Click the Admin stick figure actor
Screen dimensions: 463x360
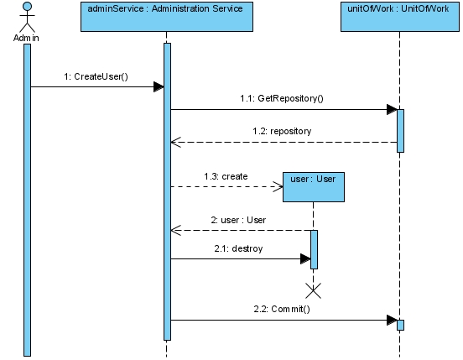pos(27,17)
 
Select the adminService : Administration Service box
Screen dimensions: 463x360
pos(167,17)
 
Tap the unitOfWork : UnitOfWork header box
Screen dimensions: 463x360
pos(400,17)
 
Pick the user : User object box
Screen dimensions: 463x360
pos(314,187)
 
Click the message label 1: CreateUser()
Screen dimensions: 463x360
pos(96,76)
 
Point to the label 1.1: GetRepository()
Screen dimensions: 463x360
pos(282,98)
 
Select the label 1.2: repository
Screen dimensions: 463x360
pos(282,131)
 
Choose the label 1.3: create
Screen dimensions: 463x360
pos(226,176)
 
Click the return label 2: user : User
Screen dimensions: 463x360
pos(238,220)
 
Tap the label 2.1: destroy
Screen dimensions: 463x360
pos(238,248)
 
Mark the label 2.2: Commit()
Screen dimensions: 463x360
pos(282,309)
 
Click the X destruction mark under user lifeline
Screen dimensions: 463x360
pos(314,291)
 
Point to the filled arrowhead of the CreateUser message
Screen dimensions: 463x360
pos(159,86)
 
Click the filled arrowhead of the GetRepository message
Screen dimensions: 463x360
pos(392,109)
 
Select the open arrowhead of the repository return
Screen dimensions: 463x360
pos(175,143)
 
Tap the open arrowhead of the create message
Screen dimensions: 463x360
pos(278,187)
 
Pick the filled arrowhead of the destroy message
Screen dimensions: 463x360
pos(305,259)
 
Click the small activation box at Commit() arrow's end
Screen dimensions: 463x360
pos(400,325)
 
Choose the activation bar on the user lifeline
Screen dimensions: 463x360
pos(314,249)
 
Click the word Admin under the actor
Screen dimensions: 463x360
pos(26,38)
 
